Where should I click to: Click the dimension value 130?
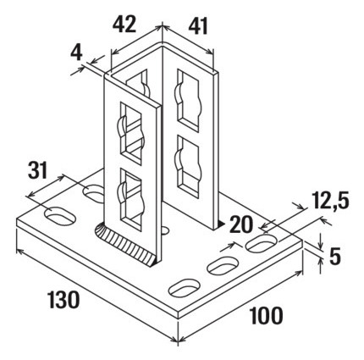(x=63, y=300)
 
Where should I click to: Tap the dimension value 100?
(x=267, y=315)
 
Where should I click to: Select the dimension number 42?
(x=124, y=24)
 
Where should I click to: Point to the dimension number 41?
(x=198, y=26)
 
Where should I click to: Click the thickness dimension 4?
(x=76, y=53)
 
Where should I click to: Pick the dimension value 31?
(x=38, y=170)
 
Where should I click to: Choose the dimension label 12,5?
(x=330, y=202)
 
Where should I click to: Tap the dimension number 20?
(x=241, y=224)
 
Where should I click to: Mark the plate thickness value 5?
(x=335, y=257)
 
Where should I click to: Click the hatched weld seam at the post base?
(x=124, y=245)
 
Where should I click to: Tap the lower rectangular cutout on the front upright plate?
(x=131, y=198)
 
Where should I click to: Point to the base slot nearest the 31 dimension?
(x=60, y=217)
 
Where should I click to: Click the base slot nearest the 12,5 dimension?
(x=262, y=242)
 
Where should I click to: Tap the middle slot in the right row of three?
(x=223, y=265)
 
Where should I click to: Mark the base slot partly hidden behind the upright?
(x=94, y=193)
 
